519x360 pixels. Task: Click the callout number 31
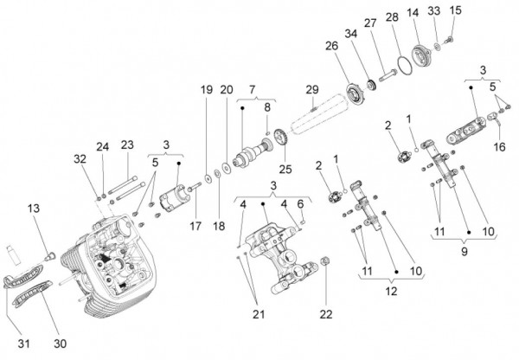(x=24, y=344)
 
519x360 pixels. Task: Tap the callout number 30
(x=61, y=344)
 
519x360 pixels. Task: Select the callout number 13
(x=34, y=209)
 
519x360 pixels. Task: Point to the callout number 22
(x=326, y=314)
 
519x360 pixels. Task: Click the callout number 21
(x=259, y=314)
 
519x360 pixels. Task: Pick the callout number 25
(x=285, y=169)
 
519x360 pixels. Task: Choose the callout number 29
(x=312, y=89)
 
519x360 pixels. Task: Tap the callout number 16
(x=499, y=146)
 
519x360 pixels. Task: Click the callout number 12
(x=391, y=291)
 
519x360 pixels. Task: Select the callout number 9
(x=465, y=251)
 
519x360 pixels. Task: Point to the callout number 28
(x=392, y=16)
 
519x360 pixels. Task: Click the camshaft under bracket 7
(x=253, y=153)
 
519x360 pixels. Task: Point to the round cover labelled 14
(x=420, y=56)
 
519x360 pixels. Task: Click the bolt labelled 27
(x=388, y=74)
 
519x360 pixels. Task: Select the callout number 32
(x=80, y=159)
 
